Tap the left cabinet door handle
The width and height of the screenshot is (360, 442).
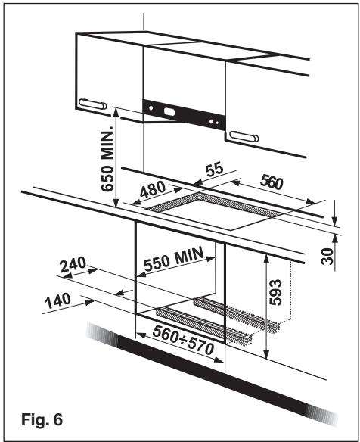[x=92, y=105]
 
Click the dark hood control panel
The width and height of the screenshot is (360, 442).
[x=185, y=114]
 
